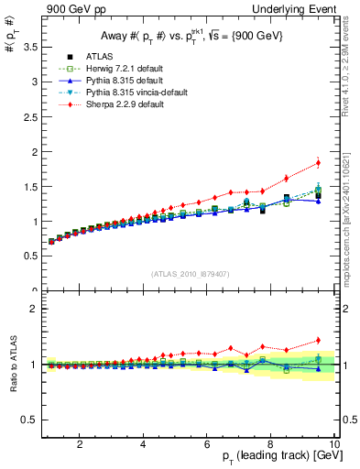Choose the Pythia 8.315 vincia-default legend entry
134,93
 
